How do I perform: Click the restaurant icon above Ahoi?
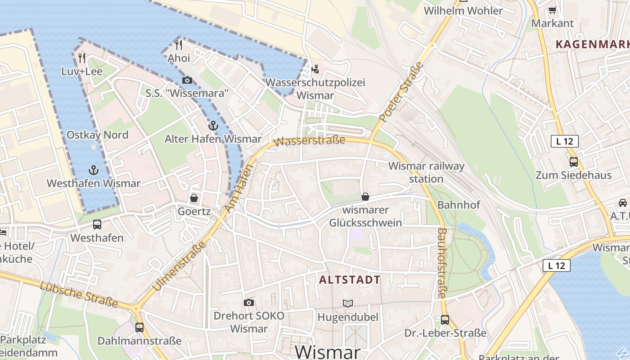click(179, 45)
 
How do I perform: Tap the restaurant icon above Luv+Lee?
click(81, 58)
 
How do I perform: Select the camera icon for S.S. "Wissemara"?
click(187, 80)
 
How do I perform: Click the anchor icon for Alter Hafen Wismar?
click(213, 126)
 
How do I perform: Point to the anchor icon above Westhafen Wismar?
click(93, 170)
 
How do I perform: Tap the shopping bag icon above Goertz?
click(194, 198)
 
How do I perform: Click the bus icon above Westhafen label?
click(97, 224)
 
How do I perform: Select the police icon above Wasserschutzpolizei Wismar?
click(315, 69)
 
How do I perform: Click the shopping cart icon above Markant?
click(553, 9)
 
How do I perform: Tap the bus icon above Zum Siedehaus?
click(573, 162)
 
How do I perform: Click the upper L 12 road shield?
click(564, 141)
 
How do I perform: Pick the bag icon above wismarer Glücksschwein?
click(365, 197)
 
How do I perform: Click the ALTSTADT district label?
click(350, 280)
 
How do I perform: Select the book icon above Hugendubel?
click(348, 303)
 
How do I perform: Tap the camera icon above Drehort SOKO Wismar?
click(248, 302)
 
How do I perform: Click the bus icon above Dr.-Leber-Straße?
click(445, 319)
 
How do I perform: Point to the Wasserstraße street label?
click(309, 141)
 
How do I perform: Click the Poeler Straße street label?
click(401, 92)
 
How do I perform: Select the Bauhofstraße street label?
click(442, 263)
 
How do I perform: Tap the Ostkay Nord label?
click(97, 135)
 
